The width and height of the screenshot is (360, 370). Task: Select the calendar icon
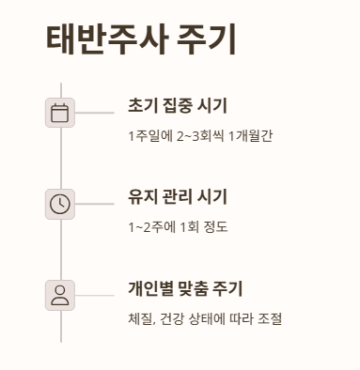(60, 113)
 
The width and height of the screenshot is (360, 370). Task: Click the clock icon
(60, 204)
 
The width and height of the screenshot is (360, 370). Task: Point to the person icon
(60, 295)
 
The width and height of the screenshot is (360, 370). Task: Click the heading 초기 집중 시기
(177, 105)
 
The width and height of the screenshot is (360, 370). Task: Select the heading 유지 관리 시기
(177, 196)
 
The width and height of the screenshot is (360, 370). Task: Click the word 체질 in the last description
(142, 318)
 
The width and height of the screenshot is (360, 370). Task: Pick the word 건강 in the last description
(174, 318)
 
